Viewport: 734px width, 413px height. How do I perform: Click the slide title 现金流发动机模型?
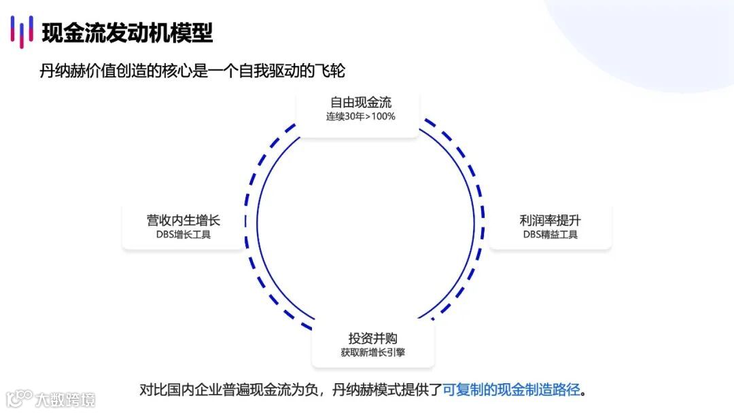pyautogui.click(x=127, y=32)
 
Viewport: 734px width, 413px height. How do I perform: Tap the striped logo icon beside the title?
pyautogui.click(x=22, y=32)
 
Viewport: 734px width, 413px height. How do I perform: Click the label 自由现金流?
pyautogui.click(x=361, y=103)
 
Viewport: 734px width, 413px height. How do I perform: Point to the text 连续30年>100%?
pyautogui.click(x=361, y=116)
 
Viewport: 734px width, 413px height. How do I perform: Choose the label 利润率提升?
pyautogui.click(x=550, y=221)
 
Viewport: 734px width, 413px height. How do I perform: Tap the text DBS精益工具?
pyautogui.click(x=550, y=235)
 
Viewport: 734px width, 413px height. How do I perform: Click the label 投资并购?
pyautogui.click(x=372, y=338)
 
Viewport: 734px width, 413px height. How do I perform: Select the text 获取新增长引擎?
pyautogui.click(x=372, y=353)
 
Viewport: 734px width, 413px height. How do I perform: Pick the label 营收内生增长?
pyautogui.click(x=183, y=221)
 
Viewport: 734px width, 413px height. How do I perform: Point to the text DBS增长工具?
pyautogui.click(x=183, y=235)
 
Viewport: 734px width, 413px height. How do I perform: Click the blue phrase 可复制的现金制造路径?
pyautogui.click(x=511, y=390)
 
